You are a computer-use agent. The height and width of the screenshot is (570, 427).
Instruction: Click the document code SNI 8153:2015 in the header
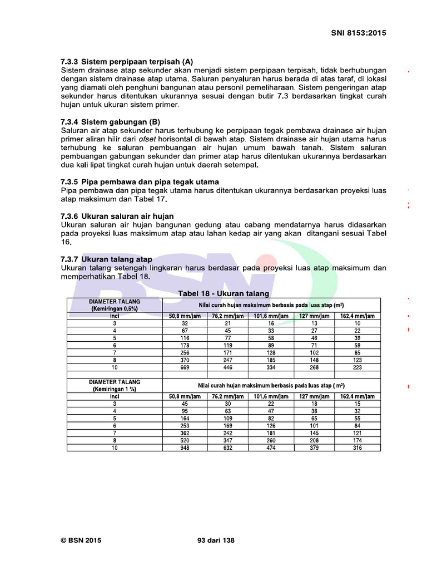pos(358,33)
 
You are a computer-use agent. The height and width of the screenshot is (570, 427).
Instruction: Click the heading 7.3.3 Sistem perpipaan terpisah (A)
pos(126,62)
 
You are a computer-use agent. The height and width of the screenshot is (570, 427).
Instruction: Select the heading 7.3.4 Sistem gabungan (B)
pos(110,121)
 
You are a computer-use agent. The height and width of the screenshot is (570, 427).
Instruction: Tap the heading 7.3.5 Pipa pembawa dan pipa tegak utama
pos(139,182)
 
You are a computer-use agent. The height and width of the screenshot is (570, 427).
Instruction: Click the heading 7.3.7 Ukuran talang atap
pos(106,259)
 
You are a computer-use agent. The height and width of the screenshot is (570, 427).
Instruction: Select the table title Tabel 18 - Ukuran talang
pos(224,293)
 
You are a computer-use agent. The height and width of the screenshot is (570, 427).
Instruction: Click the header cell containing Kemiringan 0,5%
pos(115,304)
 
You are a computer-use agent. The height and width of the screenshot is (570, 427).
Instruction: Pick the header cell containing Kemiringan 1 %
pos(115,386)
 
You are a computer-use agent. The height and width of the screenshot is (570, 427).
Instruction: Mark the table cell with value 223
pos(357,367)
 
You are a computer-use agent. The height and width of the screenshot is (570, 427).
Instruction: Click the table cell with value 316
pos(357,447)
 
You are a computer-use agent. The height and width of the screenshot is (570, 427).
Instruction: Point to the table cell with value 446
pos(228,367)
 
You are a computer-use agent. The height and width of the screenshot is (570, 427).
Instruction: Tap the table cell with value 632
pos(228,447)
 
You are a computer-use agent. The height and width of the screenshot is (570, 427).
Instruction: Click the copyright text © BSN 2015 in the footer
pos(81,539)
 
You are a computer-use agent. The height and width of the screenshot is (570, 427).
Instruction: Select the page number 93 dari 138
pos(216,539)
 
